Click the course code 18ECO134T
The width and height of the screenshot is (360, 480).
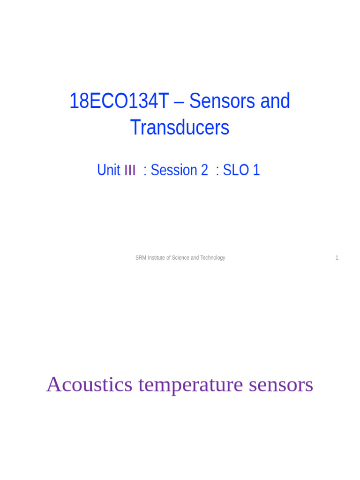tap(118, 101)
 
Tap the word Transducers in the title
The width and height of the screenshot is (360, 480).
tap(180, 127)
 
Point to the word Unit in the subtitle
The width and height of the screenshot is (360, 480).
tap(109, 170)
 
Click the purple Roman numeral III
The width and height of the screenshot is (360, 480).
tap(130, 170)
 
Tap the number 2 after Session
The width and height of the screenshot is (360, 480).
tap(204, 170)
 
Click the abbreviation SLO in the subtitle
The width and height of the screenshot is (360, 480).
tap(236, 170)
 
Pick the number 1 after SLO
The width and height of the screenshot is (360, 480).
tap(256, 170)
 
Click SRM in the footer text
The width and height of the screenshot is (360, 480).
tap(141, 258)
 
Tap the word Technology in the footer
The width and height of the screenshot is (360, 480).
tap(212, 258)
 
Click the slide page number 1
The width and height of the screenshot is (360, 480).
tap(337, 258)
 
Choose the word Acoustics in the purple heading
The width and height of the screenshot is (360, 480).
tap(90, 385)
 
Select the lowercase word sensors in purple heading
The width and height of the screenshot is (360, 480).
tap(281, 386)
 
